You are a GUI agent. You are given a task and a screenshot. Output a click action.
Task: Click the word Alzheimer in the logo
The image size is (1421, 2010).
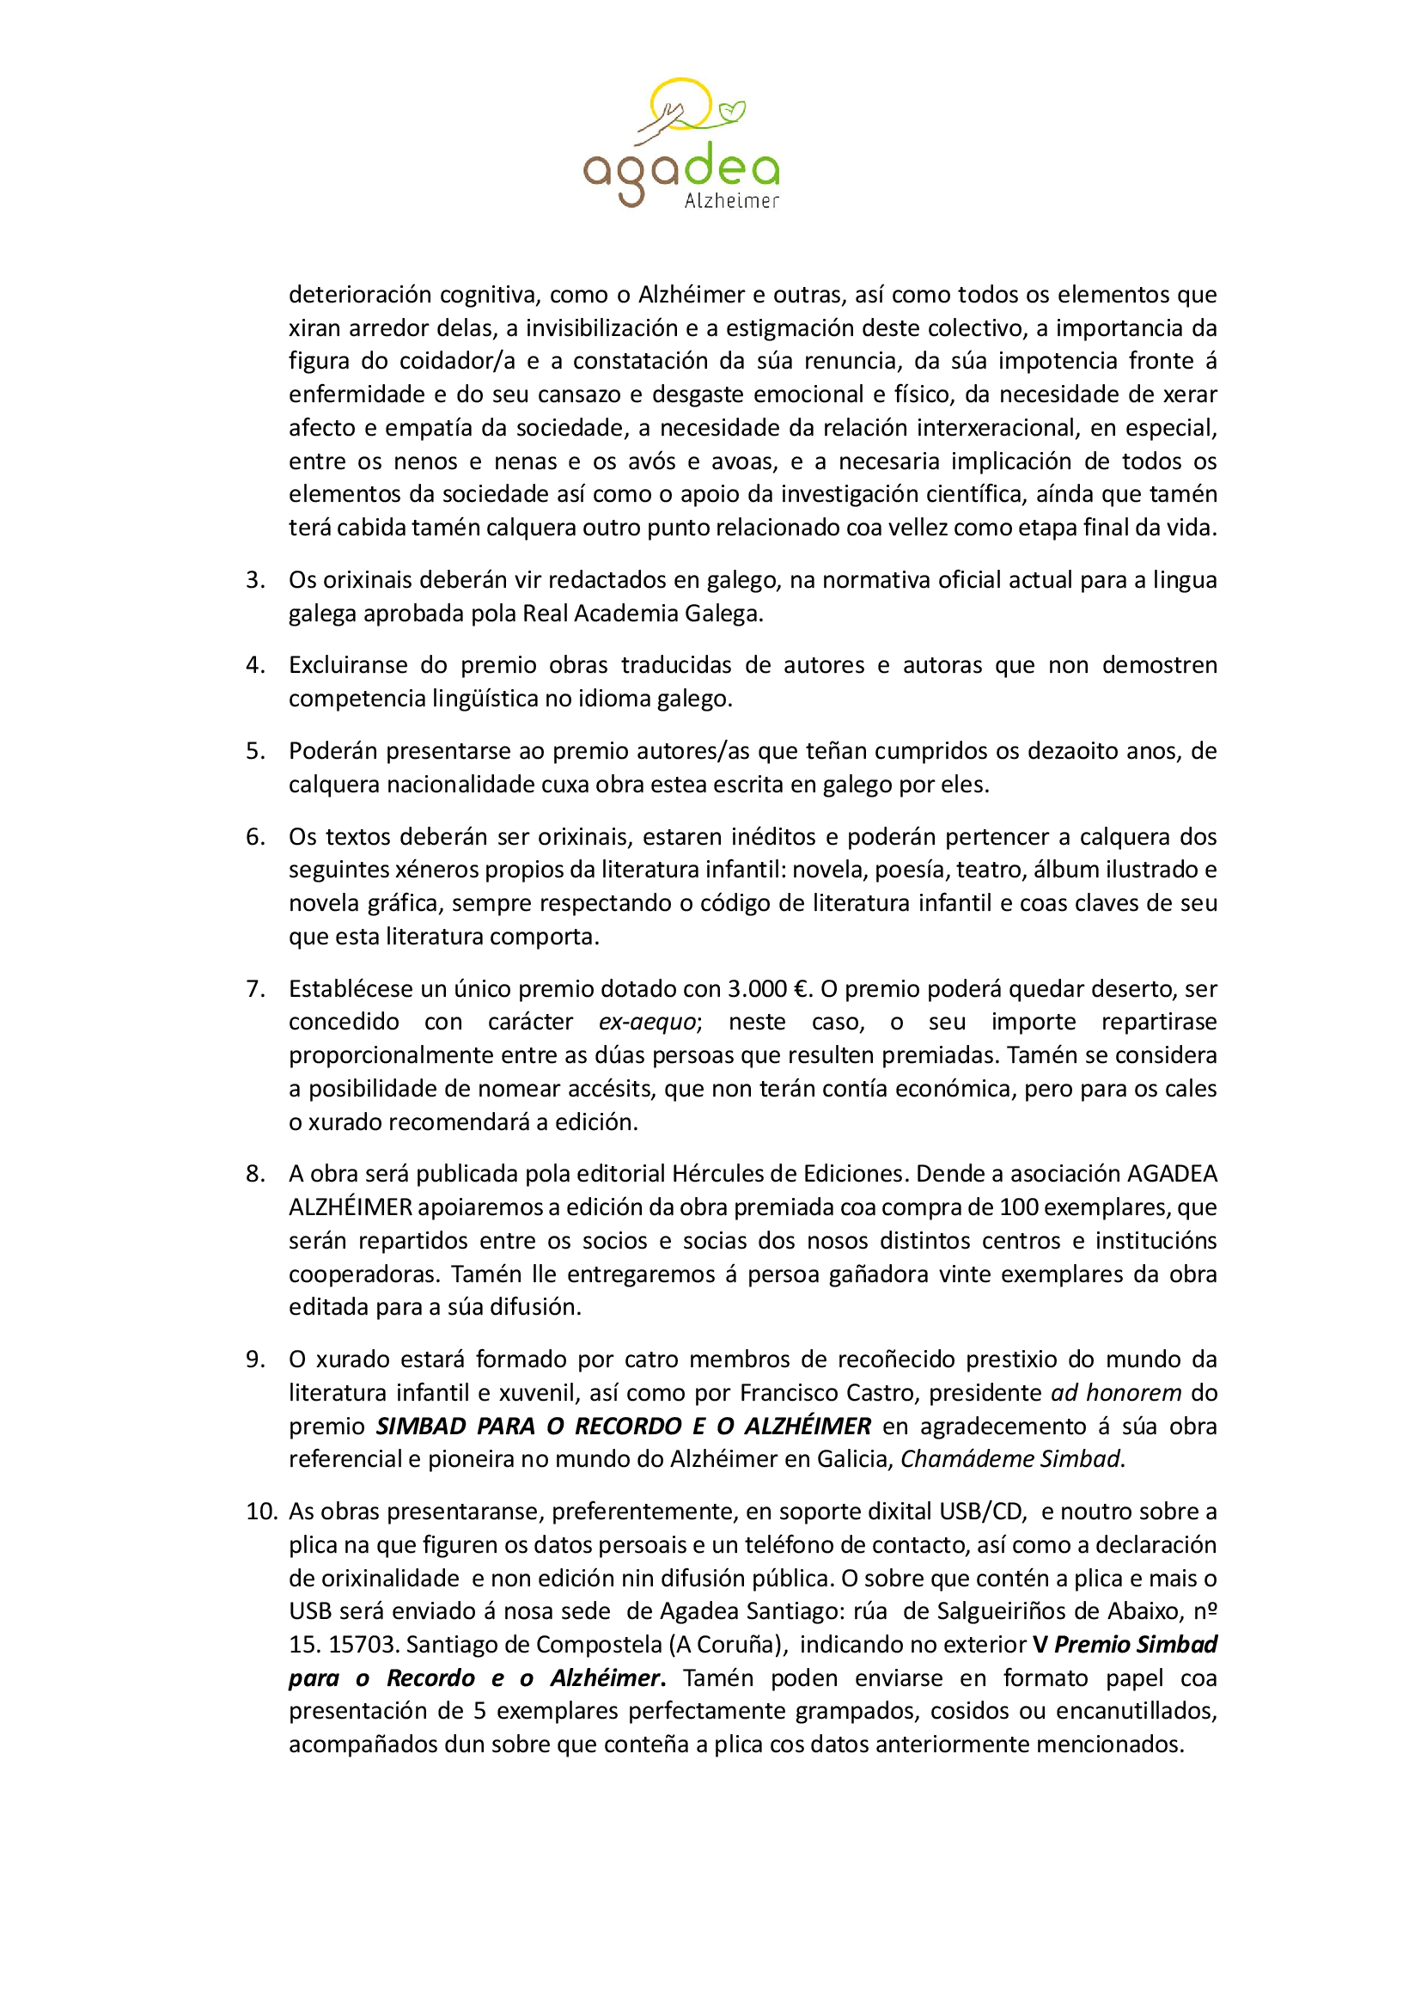[x=730, y=201]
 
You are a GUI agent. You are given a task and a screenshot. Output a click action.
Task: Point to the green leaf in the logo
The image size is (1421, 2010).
[x=731, y=111]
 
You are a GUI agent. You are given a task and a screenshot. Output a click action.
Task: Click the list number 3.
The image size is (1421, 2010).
[x=254, y=579]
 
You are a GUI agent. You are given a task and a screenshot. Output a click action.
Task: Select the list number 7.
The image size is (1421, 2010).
[x=254, y=988]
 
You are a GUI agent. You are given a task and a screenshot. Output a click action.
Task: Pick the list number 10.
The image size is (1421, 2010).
[x=261, y=1511]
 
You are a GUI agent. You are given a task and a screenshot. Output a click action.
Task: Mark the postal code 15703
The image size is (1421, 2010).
[x=362, y=1644]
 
